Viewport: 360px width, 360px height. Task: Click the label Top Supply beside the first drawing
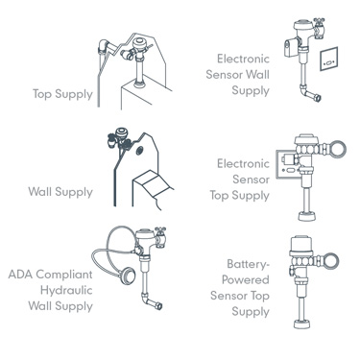tap(62, 94)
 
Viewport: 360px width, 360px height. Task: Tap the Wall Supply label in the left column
tap(60, 192)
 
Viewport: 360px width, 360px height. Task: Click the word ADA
tap(20, 275)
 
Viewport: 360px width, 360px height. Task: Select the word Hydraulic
tap(66, 291)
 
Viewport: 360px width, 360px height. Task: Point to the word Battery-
tap(249, 264)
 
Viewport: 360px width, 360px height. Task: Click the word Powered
tap(246, 280)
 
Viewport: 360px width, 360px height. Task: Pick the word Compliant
tap(64, 275)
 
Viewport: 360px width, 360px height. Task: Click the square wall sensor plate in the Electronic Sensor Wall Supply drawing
tap(329, 60)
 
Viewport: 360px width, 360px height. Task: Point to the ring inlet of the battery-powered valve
tap(330, 261)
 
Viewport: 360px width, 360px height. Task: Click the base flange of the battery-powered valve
tap(301, 324)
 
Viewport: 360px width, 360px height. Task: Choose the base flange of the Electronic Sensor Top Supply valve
tap(306, 216)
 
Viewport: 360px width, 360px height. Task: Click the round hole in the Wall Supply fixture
tap(139, 151)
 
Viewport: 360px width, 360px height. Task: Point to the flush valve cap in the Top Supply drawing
tap(138, 42)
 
